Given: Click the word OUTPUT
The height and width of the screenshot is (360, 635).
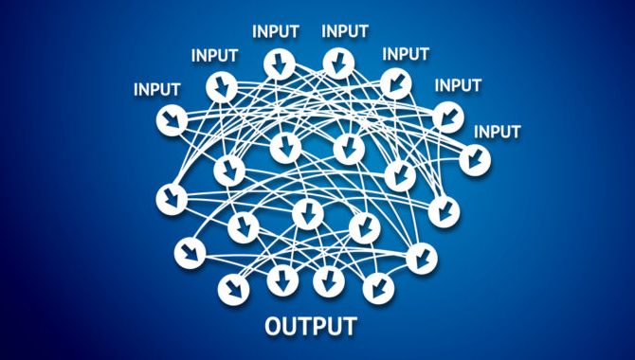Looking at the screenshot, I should [310, 328].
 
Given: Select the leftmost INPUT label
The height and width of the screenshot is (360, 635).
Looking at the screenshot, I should [156, 90].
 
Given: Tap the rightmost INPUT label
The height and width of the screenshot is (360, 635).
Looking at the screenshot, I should [497, 132].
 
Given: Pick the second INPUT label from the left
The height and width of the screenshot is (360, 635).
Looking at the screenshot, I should [214, 55].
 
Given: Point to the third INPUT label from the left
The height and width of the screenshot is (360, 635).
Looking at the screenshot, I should [276, 30].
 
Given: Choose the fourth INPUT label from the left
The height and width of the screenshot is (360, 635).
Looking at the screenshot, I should [345, 30].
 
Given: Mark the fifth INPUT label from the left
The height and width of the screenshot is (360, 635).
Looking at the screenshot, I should [405, 53].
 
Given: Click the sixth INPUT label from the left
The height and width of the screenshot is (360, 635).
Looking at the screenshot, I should [458, 85].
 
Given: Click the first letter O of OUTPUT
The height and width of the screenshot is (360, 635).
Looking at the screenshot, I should [273, 328].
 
